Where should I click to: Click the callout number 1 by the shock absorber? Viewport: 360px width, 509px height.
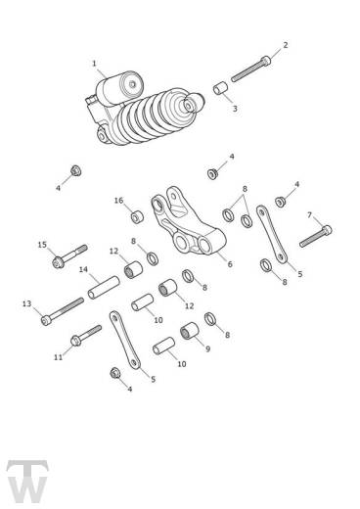pyautogui.click(x=94, y=64)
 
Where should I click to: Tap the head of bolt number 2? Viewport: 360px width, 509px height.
pyautogui.click(x=266, y=61)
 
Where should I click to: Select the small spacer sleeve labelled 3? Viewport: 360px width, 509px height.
pyautogui.click(x=220, y=88)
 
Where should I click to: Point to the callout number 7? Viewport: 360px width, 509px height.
pyautogui.click(x=309, y=215)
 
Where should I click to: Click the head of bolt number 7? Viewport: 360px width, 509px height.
pyautogui.click(x=327, y=230)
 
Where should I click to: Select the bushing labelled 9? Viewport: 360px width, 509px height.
pyautogui.click(x=190, y=330)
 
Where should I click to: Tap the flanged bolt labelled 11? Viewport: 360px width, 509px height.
pyautogui.click(x=86, y=336)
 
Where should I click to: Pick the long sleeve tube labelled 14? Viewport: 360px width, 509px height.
pyautogui.click(x=104, y=287)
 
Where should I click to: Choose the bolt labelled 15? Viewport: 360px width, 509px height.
pyautogui.click(x=69, y=256)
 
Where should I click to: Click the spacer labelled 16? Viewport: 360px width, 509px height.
pyautogui.click(x=138, y=217)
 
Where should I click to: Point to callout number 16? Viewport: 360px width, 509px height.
pyautogui.click(x=118, y=201)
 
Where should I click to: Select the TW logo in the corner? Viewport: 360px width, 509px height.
pyautogui.click(x=27, y=482)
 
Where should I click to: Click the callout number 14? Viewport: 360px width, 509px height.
pyautogui.click(x=83, y=269)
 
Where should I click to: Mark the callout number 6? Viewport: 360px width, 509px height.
pyautogui.click(x=230, y=264)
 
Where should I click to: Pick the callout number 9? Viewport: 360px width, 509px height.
pyautogui.click(x=208, y=348)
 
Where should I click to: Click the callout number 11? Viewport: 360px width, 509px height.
pyautogui.click(x=58, y=357)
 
